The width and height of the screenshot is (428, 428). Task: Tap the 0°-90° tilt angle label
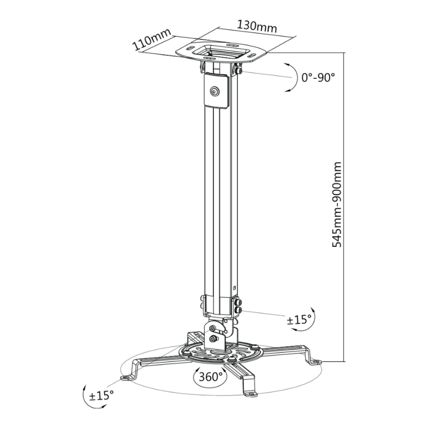point(318,77)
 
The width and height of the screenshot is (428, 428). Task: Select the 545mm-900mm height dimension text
point(337,205)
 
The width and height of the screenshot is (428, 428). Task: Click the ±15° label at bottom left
point(101,395)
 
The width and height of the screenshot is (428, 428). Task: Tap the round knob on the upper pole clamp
point(214,91)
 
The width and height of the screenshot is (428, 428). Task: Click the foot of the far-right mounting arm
point(316,362)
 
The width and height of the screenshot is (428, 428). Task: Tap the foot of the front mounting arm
point(250,392)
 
